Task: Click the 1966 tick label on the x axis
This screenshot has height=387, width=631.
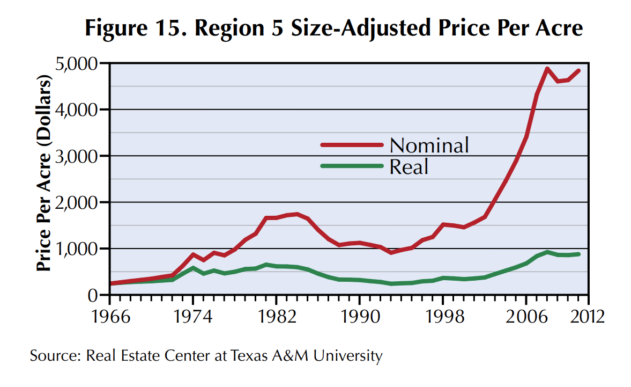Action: (111, 316)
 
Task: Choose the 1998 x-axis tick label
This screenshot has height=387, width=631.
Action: (443, 316)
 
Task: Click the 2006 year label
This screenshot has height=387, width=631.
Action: (526, 316)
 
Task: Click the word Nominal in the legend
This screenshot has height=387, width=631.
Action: (429, 145)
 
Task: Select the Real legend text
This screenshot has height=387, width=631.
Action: (409, 167)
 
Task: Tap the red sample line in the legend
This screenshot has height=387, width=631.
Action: (352, 145)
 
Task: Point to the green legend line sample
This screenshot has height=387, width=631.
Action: (352, 166)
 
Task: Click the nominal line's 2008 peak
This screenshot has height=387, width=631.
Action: (547, 69)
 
